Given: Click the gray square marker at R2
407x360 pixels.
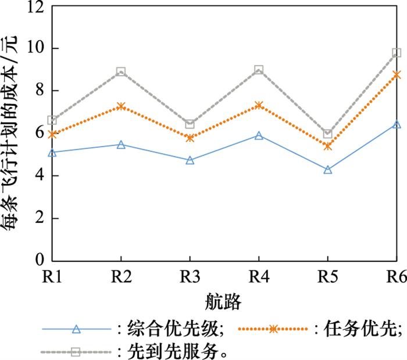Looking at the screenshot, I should point(121,72).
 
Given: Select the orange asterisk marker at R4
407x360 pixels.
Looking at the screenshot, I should point(259,105).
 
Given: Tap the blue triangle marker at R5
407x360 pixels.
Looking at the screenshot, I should point(328,170).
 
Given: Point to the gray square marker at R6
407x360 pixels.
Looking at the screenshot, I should point(397,53).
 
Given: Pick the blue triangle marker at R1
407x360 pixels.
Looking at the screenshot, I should point(52,152).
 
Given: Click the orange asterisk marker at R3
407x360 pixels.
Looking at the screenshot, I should point(190,138).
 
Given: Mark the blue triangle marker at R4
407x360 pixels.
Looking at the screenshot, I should point(259,136).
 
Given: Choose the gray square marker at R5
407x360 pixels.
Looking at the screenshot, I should point(328,134).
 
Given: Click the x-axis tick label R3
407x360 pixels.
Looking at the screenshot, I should point(190,277).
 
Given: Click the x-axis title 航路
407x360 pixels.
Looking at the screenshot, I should point(223,302).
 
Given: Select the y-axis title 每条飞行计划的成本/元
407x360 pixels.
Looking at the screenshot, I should point(13,134).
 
